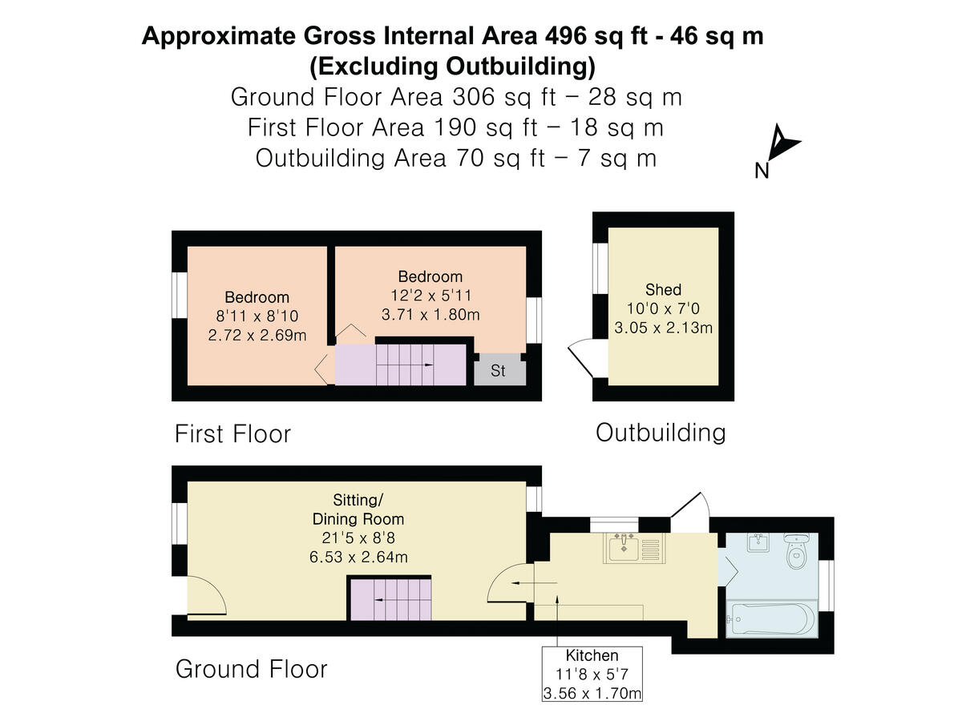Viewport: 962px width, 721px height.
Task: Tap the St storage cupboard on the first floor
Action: pos(499,371)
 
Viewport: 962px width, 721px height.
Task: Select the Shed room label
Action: pos(663,290)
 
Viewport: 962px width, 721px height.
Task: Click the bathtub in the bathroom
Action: pos(770,619)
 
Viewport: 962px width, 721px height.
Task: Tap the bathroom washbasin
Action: pos(758,544)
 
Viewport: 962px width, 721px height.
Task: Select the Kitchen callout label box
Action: pos(592,674)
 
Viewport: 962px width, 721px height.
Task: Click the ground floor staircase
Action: pos(390,600)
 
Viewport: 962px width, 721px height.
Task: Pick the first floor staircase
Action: pos(400,365)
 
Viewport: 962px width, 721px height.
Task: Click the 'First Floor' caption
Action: pos(232,434)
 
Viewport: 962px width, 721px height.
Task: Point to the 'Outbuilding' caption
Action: pos(660,433)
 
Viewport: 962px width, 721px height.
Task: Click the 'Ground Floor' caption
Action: pos(251,669)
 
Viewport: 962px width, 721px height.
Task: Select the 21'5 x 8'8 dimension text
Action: pos(358,538)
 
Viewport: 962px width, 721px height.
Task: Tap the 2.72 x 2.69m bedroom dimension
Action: pos(257,335)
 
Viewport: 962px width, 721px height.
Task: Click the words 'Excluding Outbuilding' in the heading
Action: pos(452,64)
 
